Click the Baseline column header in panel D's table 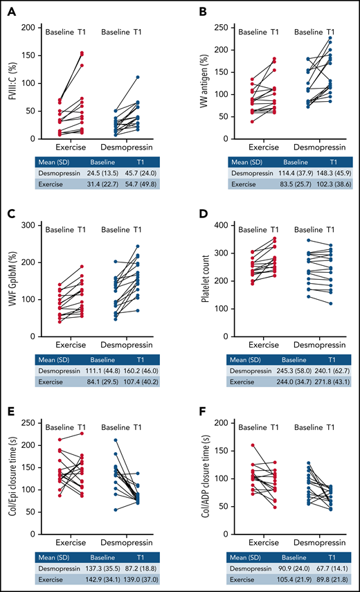(x=280, y=357)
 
